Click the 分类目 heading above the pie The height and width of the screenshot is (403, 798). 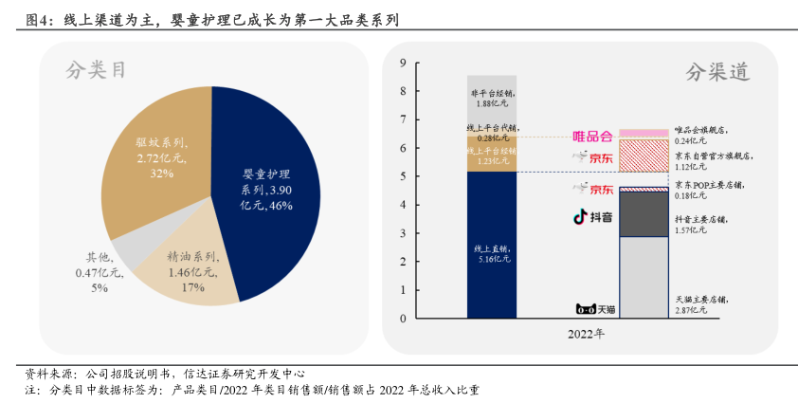tap(96, 69)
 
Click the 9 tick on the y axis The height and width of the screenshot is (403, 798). tap(403, 64)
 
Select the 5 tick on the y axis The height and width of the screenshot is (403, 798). tap(403, 176)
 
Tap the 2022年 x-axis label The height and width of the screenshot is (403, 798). tap(586, 335)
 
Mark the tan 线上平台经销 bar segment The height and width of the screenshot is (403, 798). tap(492, 155)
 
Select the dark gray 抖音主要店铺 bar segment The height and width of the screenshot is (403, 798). tap(644, 213)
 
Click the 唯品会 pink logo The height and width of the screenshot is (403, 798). tap(592, 135)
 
